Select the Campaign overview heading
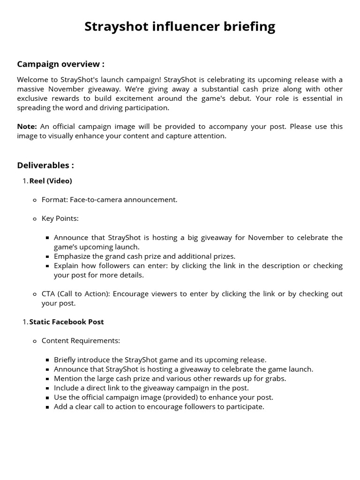point(60,64)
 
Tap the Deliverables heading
point(45,165)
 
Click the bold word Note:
point(27,127)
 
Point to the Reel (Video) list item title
point(51,181)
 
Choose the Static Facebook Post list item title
point(67,322)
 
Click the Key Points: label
point(60,218)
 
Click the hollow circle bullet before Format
point(35,200)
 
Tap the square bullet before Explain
point(48,266)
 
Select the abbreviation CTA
point(48,294)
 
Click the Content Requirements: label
point(81,341)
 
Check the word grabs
point(276,379)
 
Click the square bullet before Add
point(48,407)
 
